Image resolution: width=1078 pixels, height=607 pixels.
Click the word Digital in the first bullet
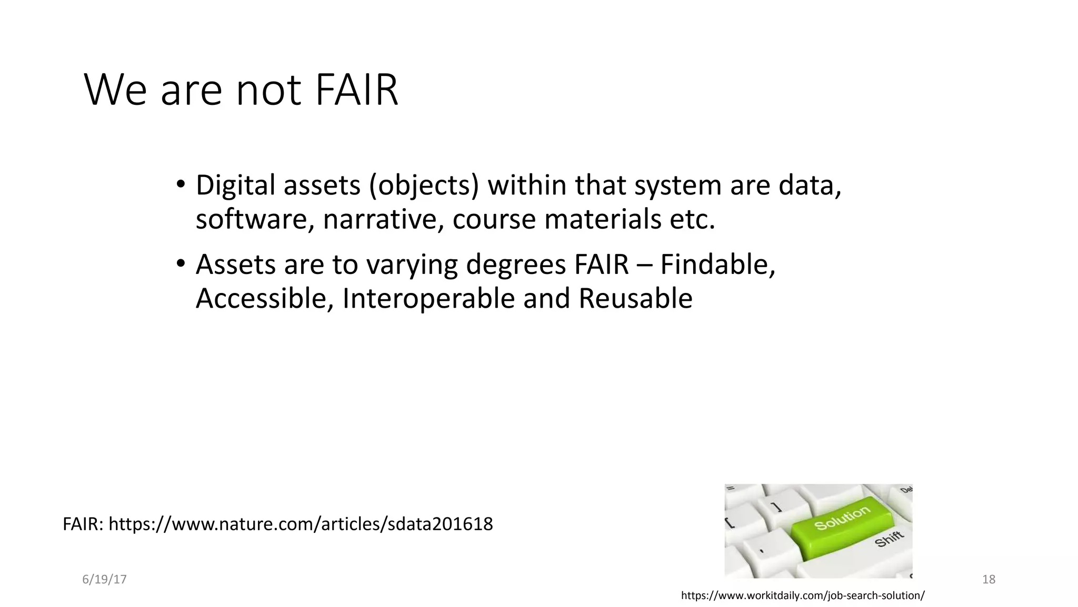click(x=235, y=185)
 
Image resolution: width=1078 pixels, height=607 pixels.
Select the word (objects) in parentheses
click(x=424, y=185)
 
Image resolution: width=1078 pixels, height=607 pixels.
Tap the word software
click(x=255, y=219)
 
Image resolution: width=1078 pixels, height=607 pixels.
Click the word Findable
click(x=717, y=265)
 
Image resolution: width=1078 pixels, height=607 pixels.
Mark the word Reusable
click(x=635, y=298)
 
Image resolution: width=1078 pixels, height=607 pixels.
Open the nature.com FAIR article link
click(x=301, y=524)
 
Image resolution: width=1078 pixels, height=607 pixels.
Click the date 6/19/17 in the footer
click(x=104, y=580)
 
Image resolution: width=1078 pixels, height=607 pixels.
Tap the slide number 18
click(x=989, y=580)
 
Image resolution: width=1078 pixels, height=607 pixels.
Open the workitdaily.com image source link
click(x=802, y=596)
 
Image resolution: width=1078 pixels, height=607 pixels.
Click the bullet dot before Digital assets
click(x=181, y=185)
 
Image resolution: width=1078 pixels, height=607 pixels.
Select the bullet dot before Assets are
click(x=181, y=263)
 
